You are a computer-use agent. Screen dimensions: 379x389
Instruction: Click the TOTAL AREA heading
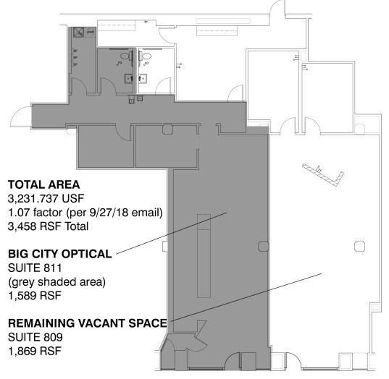43,184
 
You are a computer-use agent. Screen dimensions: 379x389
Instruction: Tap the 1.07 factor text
84,212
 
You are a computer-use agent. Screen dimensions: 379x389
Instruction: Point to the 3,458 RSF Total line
48,226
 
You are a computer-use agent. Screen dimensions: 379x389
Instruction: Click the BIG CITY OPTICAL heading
59,254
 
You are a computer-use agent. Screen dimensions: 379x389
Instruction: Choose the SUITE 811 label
30,268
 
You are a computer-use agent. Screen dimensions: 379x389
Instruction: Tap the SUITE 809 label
31,336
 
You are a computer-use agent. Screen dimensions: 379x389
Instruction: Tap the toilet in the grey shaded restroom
124,56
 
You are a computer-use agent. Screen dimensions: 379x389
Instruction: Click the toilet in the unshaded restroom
146,56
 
